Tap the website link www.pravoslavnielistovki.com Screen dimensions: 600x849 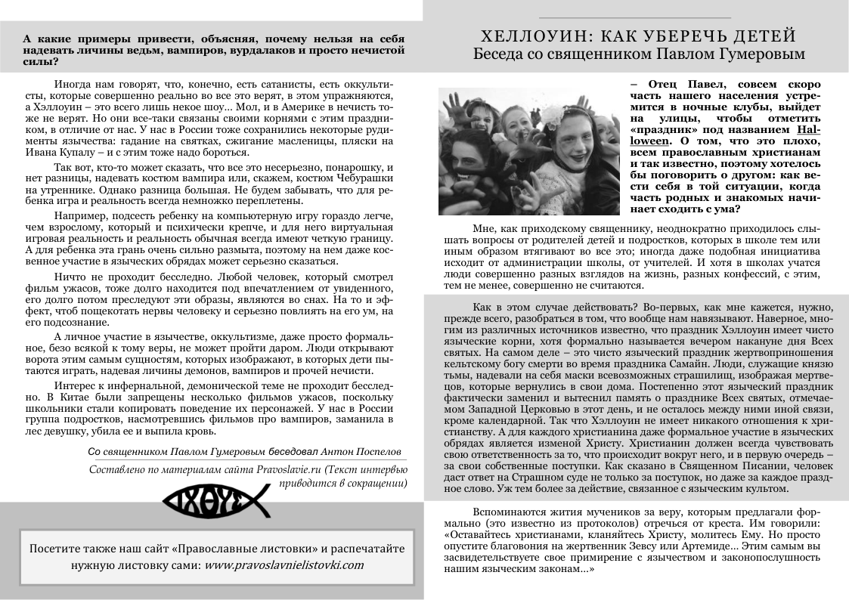[284, 564]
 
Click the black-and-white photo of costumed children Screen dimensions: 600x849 [529, 151]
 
